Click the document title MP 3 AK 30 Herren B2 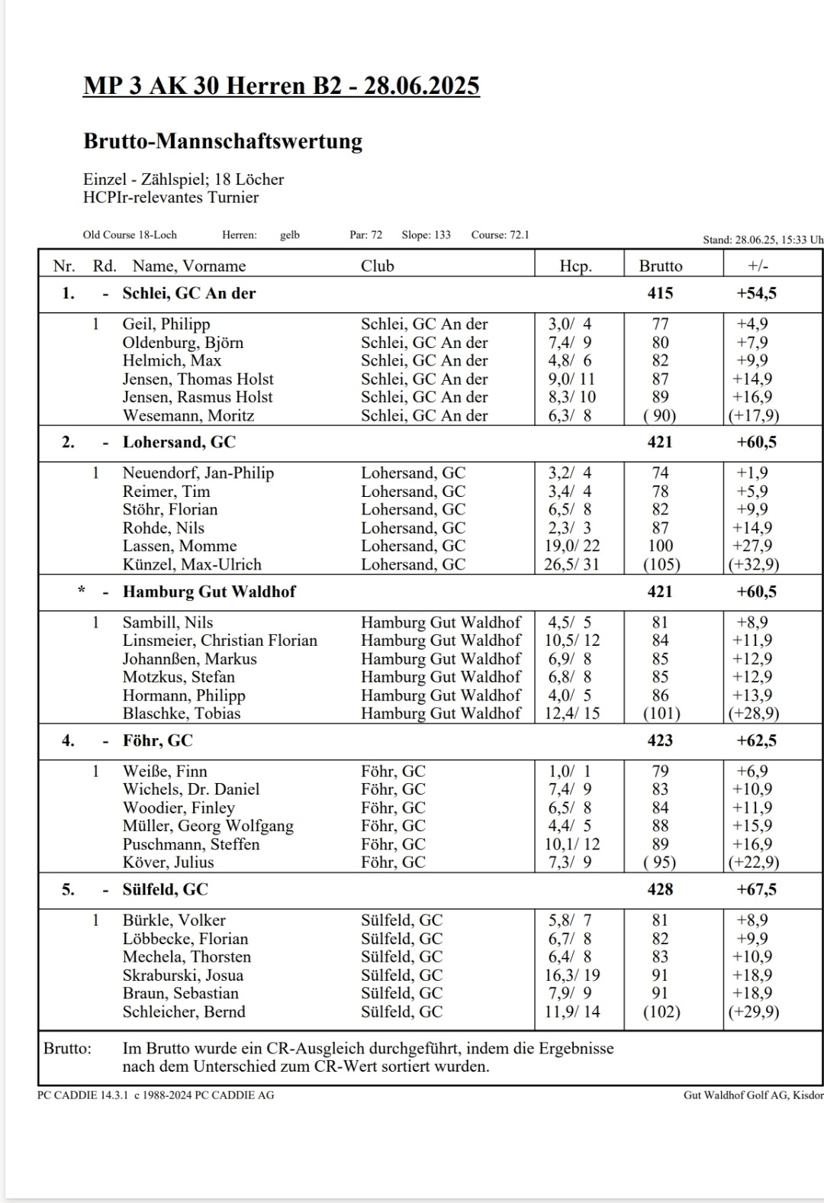click(x=281, y=85)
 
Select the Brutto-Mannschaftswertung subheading click(x=223, y=141)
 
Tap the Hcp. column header click(x=575, y=266)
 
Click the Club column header click(x=377, y=266)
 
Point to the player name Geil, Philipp click(x=166, y=324)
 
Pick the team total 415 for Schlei click(x=660, y=293)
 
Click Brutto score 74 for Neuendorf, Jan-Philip click(x=660, y=472)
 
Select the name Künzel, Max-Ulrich click(x=192, y=564)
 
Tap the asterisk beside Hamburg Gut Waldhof click(x=82, y=591)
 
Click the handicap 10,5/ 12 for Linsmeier click(x=571, y=640)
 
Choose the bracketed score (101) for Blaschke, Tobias click(x=660, y=714)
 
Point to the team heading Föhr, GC click(x=157, y=740)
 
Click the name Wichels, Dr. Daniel click(x=191, y=789)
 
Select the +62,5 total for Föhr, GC click(x=756, y=740)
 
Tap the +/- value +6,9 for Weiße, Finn click(x=752, y=771)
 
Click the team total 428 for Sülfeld click(x=660, y=889)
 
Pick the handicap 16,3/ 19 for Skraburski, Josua click(x=571, y=975)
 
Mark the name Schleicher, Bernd click(x=184, y=1011)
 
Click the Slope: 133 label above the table click(x=426, y=235)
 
